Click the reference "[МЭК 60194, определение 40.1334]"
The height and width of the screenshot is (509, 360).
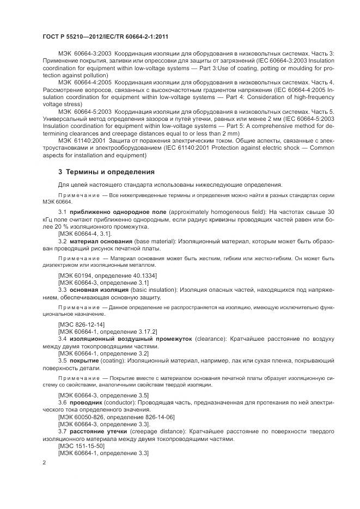107,276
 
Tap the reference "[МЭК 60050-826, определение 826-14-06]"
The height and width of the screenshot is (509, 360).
116,416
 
